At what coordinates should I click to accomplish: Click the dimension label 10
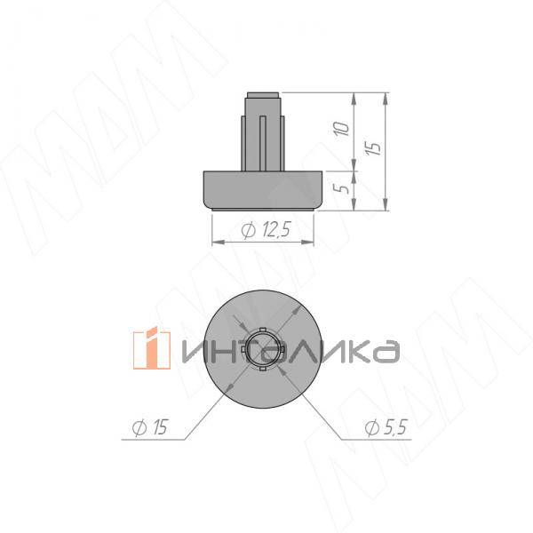[342, 129]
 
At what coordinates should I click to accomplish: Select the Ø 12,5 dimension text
[266, 230]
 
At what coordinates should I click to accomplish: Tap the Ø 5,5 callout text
[386, 427]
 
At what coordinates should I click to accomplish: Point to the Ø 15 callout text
[150, 427]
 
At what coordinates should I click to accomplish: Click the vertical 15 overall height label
[373, 148]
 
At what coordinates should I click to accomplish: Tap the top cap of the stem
[263, 95]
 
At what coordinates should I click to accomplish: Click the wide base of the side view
[262, 190]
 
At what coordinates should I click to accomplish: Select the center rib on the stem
[262, 143]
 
